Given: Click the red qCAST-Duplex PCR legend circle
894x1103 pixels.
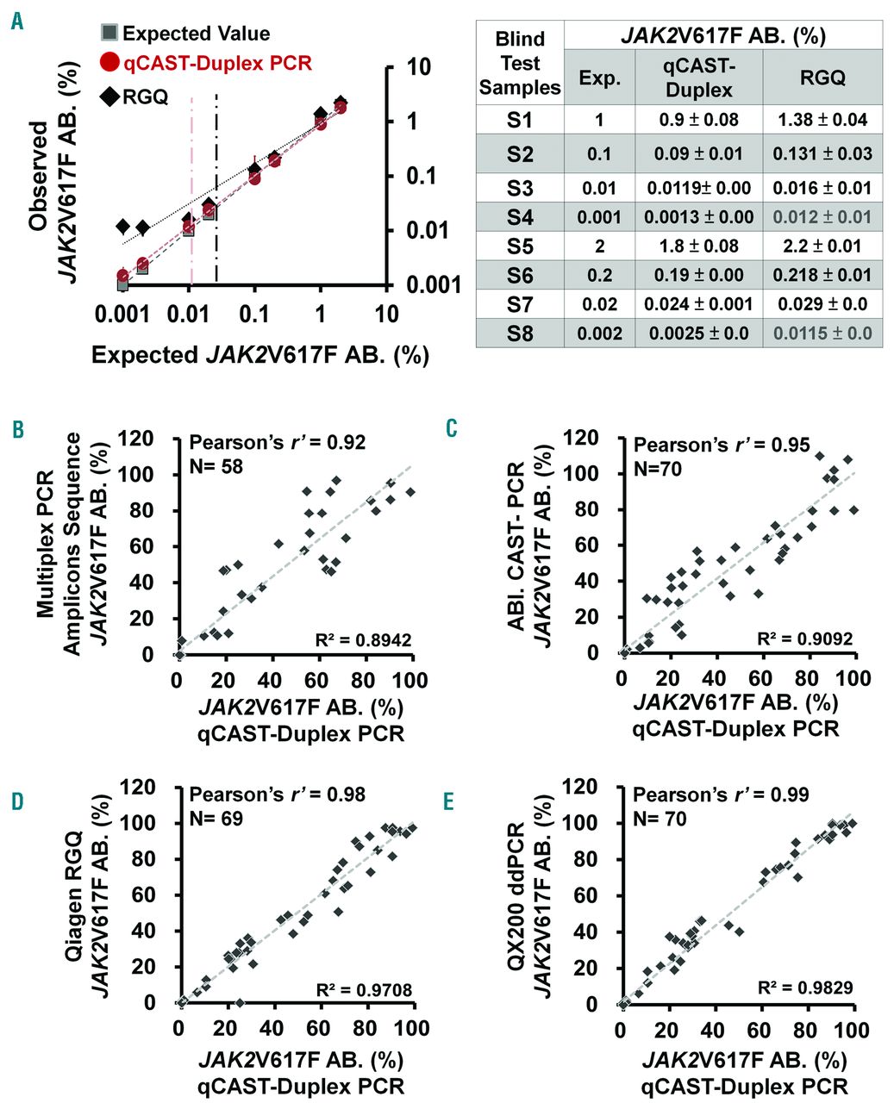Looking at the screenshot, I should click(x=109, y=63).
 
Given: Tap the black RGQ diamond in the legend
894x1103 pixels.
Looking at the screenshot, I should click(x=109, y=96).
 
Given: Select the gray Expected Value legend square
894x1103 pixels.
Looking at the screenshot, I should click(x=109, y=34).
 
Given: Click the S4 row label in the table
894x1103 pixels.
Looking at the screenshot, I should click(x=520, y=217).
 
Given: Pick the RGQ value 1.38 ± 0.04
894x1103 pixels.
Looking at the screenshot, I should click(x=822, y=119).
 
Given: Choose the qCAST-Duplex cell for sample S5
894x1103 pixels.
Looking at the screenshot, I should click(x=698, y=246).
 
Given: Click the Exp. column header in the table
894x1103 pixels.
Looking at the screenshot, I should click(x=599, y=78).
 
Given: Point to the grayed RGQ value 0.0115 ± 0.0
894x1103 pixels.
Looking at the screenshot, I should click(x=822, y=333).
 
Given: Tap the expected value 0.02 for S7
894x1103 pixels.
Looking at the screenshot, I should click(x=599, y=304).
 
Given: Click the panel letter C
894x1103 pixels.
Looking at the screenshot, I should click(x=451, y=428).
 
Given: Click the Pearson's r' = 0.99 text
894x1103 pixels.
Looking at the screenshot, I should click(x=721, y=795).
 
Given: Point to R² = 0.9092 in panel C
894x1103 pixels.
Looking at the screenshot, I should click(x=805, y=639).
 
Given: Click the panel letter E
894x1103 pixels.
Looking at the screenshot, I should click(x=449, y=802).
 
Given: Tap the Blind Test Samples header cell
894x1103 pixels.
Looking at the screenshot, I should click(x=520, y=63).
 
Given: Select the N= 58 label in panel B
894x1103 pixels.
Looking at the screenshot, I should click(x=216, y=466).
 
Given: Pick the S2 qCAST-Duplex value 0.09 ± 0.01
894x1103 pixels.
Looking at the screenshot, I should click(x=698, y=154).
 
